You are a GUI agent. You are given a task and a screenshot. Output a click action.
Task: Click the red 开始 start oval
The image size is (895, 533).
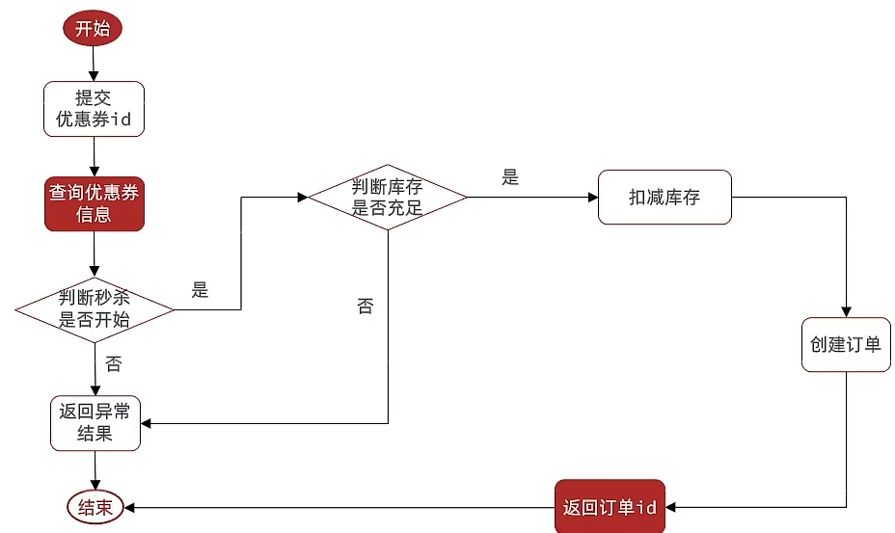coord(94,29)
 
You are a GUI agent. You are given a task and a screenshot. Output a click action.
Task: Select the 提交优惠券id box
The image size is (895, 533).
coord(94,109)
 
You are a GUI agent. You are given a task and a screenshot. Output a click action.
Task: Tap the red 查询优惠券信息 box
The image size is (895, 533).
coord(94,203)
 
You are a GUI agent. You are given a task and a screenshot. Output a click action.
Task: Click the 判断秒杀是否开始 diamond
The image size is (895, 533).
coord(94,309)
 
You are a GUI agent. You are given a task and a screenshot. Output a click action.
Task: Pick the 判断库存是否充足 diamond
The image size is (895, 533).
coord(387,197)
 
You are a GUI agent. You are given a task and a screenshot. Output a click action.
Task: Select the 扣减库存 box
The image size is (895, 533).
coord(664,198)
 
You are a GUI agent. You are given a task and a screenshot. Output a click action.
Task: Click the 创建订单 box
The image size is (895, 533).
coord(846,344)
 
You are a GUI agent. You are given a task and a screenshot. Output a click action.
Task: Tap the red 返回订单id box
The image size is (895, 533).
coord(610,507)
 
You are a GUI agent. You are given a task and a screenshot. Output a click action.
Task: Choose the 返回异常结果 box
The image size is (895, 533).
coord(95,423)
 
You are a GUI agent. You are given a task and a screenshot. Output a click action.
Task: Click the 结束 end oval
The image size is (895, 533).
coord(95,507)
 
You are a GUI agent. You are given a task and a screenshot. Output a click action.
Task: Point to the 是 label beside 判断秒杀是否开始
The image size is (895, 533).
coord(200,290)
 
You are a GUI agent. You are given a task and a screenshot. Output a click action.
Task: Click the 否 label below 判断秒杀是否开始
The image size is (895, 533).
coord(113,364)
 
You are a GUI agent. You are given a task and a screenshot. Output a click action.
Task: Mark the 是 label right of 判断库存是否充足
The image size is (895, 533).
coord(510,177)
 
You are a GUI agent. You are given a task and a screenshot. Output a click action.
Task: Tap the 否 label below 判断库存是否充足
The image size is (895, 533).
coord(365,306)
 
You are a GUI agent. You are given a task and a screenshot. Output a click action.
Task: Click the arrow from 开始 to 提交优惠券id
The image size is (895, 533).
coord(94,63)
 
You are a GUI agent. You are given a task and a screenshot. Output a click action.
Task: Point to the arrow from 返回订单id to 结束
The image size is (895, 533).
coord(338,507)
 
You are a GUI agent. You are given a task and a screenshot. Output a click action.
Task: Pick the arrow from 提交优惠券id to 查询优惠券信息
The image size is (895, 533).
coord(94,157)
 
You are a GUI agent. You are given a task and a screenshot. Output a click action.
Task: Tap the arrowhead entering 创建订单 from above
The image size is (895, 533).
coord(846,310)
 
